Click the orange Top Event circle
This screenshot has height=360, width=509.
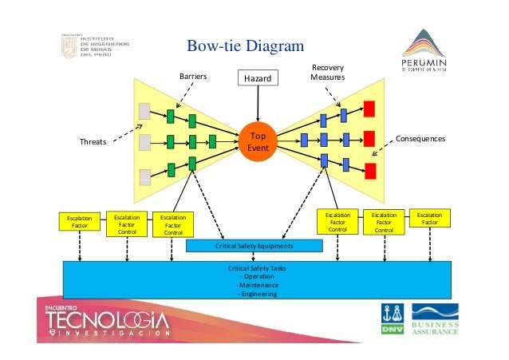coord(258,141)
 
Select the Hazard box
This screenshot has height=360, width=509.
coord(258,78)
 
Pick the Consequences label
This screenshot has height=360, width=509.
coord(420,139)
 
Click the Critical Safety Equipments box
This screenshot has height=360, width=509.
coord(254,246)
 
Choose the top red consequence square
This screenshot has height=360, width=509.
coord(369,109)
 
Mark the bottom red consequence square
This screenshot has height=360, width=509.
coord(369,170)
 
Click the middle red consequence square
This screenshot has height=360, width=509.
coord(369,139)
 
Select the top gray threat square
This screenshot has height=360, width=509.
coord(144,110)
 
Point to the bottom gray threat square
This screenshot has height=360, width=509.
coord(144,176)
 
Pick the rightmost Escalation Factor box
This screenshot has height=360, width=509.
coord(429,219)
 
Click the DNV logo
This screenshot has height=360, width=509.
coord(393,320)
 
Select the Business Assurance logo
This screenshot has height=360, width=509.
coord(436,320)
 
